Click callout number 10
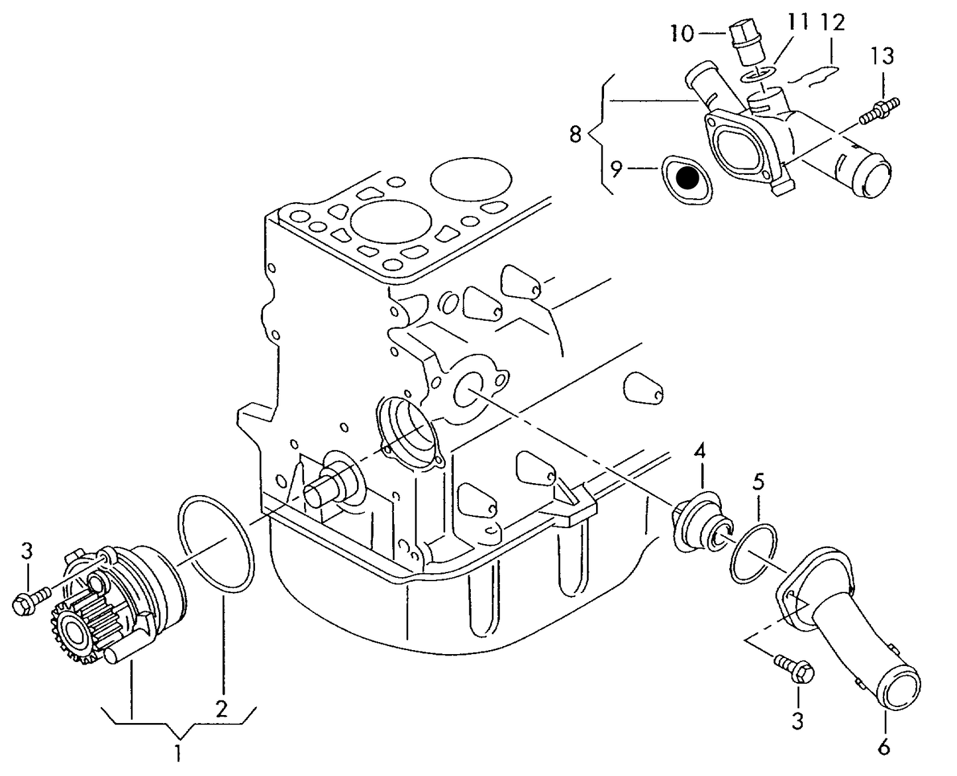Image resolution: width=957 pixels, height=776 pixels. (681, 33)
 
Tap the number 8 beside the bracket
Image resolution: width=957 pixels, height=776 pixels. (575, 135)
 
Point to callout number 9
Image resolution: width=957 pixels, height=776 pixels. (616, 170)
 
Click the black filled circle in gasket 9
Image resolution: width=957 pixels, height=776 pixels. (689, 178)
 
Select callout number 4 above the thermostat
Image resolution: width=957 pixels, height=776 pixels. (700, 453)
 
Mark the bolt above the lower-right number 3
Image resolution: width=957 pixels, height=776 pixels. (795, 667)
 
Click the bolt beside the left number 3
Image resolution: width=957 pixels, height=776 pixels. (30, 599)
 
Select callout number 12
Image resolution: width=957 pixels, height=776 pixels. (832, 23)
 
